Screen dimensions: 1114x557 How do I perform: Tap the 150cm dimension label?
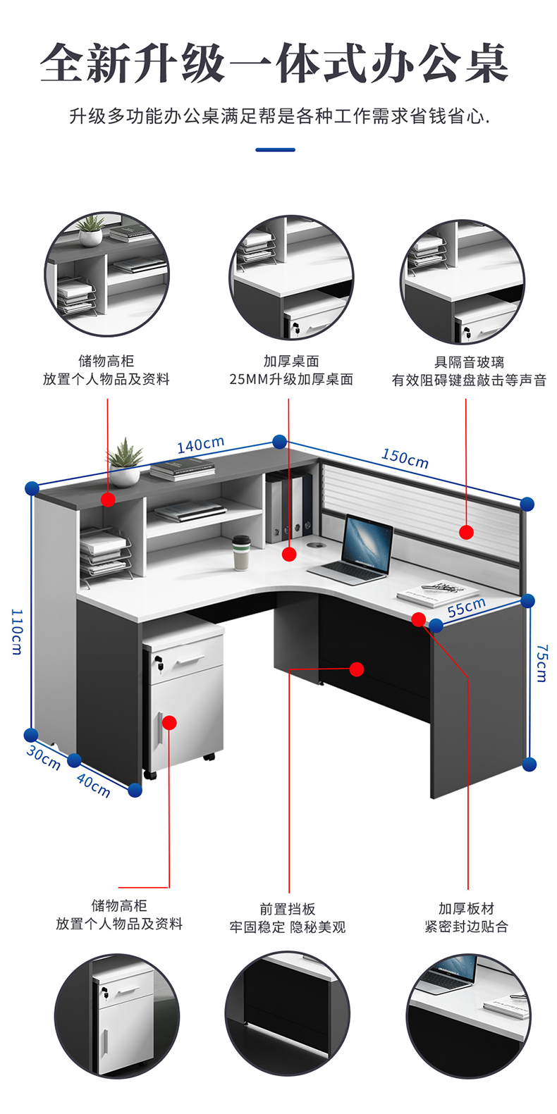(x=405, y=458)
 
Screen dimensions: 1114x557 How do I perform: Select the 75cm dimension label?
(x=541, y=662)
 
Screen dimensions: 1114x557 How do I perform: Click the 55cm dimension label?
(x=467, y=607)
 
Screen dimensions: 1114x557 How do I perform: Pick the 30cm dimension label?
(x=43, y=757)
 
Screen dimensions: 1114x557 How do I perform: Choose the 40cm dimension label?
(x=93, y=785)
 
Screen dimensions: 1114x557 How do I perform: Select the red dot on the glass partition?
(x=466, y=532)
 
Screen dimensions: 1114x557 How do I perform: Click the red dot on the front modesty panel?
(x=357, y=669)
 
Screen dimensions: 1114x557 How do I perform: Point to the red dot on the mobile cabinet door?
(x=169, y=722)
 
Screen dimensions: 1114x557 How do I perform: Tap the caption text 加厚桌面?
(x=291, y=361)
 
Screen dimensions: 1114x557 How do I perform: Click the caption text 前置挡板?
(x=288, y=909)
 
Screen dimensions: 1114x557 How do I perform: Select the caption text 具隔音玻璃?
(x=469, y=362)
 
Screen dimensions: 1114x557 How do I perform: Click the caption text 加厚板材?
(x=466, y=908)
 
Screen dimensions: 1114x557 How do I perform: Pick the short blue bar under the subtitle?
(x=275, y=149)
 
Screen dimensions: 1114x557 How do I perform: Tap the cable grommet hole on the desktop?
(x=312, y=545)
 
